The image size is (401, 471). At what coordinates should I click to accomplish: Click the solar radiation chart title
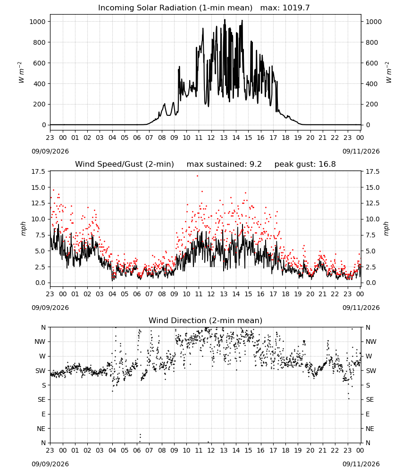(x=175, y=8)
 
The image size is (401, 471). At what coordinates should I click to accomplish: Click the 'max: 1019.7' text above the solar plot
(x=285, y=8)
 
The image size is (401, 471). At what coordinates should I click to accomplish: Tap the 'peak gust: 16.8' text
(x=305, y=164)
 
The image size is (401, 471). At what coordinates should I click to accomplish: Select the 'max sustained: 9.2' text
(x=224, y=164)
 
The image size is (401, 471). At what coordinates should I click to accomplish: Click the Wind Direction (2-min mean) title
(x=206, y=320)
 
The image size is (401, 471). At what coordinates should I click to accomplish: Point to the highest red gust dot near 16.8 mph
(x=197, y=176)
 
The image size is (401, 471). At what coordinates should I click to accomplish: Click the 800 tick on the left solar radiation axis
(x=40, y=42)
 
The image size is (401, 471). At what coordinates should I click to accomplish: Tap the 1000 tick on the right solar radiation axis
(x=374, y=22)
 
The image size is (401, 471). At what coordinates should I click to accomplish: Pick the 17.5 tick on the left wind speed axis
(x=38, y=171)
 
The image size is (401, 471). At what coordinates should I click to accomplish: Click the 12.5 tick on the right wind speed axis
(x=373, y=203)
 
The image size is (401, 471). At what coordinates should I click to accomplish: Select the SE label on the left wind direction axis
(x=42, y=399)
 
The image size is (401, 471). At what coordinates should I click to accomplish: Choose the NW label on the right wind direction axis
(x=371, y=341)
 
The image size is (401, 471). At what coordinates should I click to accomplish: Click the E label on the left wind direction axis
(x=43, y=414)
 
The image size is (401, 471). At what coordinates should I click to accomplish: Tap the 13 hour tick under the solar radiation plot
(x=224, y=138)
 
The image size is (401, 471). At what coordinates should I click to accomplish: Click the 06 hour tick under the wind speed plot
(x=137, y=294)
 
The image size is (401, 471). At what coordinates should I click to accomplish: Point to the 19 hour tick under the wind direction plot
(x=298, y=450)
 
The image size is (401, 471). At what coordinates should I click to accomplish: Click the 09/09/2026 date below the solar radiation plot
(x=50, y=151)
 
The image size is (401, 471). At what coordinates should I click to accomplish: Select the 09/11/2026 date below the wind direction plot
(x=361, y=464)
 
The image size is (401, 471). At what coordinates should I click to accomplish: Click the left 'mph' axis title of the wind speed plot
(x=24, y=228)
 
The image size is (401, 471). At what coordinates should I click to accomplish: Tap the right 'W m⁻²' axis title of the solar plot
(x=388, y=73)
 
